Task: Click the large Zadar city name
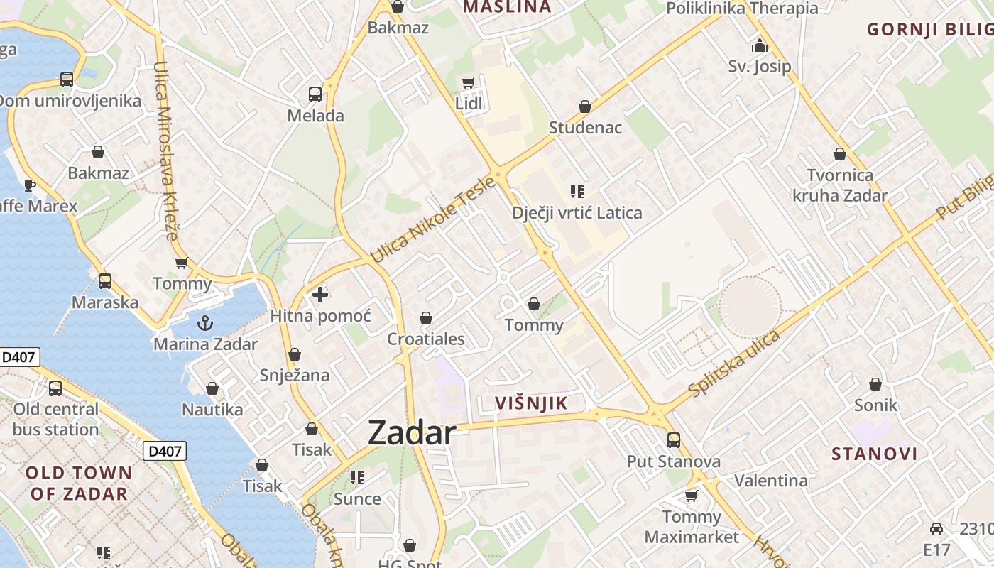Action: [x=412, y=432]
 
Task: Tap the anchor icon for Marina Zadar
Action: [x=205, y=323]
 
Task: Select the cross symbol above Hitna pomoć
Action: [x=320, y=294]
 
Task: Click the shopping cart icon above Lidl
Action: [x=468, y=83]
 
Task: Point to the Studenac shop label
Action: [x=585, y=128]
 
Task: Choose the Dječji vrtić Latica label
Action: [x=577, y=212]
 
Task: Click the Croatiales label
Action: [x=426, y=339]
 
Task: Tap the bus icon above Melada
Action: [x=315, y=94]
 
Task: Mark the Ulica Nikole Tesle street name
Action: [x=432, y=219]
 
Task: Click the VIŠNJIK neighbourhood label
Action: [x=531, y=403]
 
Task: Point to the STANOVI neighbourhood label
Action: [x=874, y=454]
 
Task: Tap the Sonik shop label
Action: [x=875, y=405]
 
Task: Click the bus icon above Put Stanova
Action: [x=674, y=440]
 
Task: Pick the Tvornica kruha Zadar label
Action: [x=840, y=185]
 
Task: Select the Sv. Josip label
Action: [x=759, y=67]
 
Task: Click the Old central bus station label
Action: [x=55, y=419]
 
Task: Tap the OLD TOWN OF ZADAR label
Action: [x=78, y=483]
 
